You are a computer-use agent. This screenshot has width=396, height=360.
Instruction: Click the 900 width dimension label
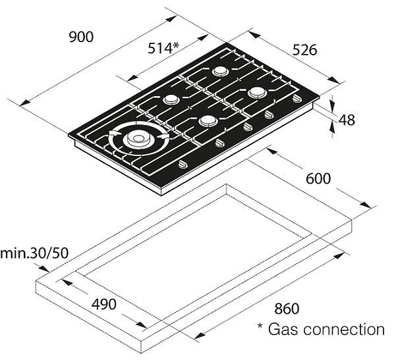coord(81,37)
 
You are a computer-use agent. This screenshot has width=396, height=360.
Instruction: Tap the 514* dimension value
coord(163,48)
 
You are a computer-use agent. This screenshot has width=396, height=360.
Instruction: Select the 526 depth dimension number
coord(304,50)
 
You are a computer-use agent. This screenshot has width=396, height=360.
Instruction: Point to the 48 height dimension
coord(347,120)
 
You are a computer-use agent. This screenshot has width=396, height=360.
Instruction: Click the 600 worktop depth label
coord(318,178)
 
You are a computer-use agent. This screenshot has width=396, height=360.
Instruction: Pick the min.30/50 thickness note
coord(34,253)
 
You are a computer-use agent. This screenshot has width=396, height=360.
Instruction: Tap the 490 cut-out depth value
coord(104,304)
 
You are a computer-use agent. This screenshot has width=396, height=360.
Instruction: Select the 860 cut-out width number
coord(287,309)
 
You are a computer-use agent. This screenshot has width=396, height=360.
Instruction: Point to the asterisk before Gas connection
coord(260,326)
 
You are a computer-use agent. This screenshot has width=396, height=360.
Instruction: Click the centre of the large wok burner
coord(138,138)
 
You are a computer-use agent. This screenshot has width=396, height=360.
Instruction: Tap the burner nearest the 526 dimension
coord(257,92)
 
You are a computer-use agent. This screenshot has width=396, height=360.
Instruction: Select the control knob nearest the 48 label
coord(297,98)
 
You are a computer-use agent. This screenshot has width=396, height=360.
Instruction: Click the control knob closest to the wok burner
coord(183,165)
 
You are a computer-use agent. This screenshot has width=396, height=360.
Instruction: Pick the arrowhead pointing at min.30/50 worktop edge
coord(45,269)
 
